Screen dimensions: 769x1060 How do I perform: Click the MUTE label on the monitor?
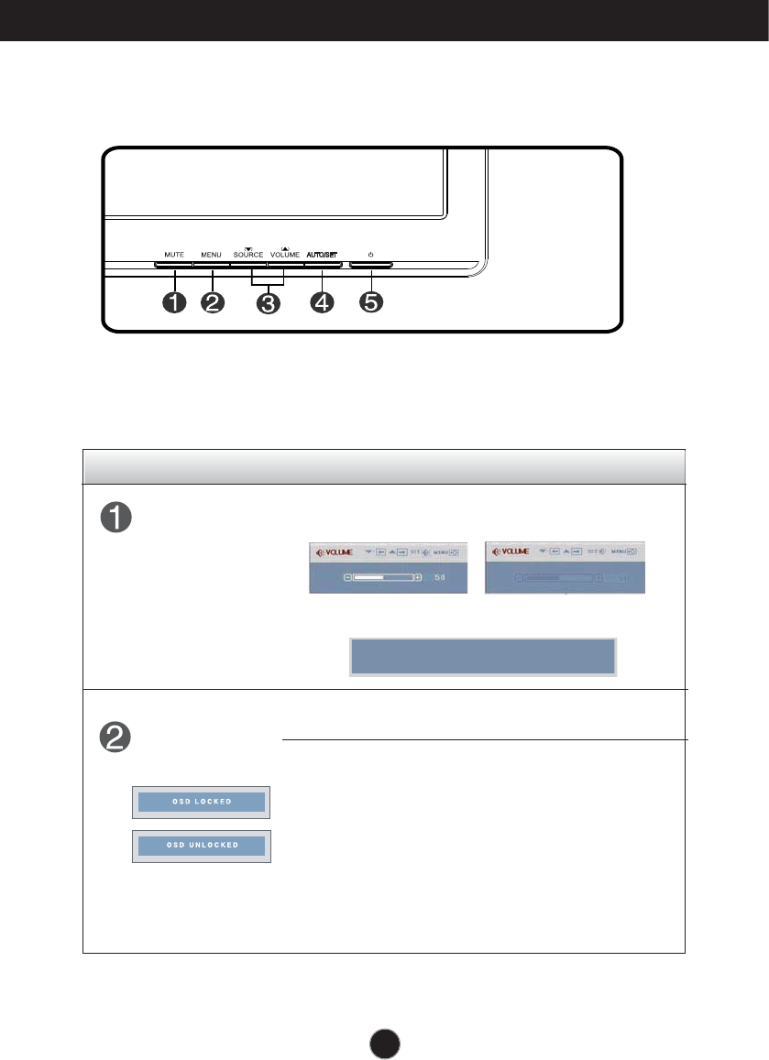click(173, 254)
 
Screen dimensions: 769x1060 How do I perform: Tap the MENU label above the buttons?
click(212, 254)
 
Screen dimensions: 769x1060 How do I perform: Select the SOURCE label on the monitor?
click(248, 255)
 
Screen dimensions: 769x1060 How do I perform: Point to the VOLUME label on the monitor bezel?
click(285, 255)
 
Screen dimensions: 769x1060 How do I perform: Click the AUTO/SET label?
click(322, 254)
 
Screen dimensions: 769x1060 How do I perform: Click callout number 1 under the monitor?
click(172, 303)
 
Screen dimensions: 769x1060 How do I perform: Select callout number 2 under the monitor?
click(213, 303)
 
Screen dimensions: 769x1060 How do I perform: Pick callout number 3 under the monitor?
click(267, 303)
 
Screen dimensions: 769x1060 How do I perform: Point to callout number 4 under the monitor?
click(322, 303)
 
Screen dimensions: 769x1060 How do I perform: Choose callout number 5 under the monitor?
click(370, 303)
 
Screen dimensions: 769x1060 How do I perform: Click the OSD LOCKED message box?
click(201, 803)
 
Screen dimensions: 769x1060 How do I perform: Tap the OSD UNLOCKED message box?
click(201, 846)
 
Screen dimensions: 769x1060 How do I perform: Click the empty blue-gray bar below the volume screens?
click(483, 657)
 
